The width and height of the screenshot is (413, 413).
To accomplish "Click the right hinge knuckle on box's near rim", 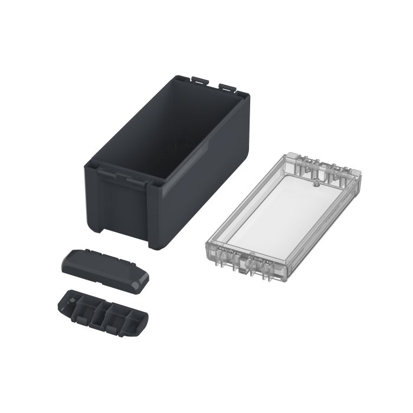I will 136,179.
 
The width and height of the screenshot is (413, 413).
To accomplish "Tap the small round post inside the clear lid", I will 316,183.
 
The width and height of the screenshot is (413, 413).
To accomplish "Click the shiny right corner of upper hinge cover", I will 139,286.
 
